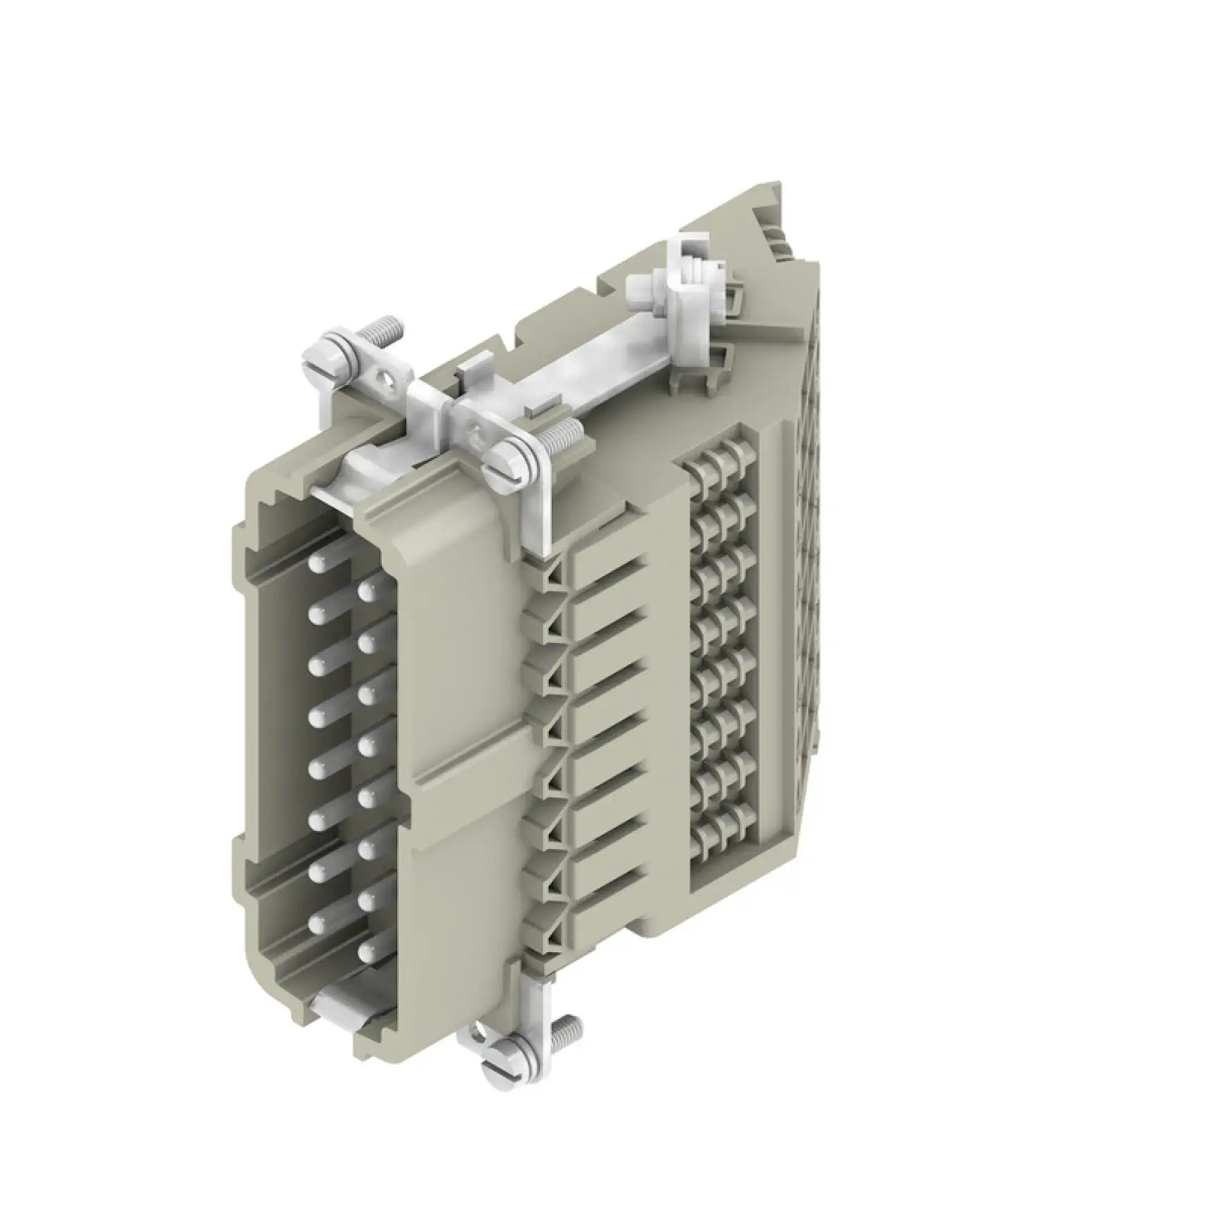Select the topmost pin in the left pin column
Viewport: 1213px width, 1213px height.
tap(317, 563)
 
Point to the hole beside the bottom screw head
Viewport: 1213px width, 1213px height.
tap(480, 1029)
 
